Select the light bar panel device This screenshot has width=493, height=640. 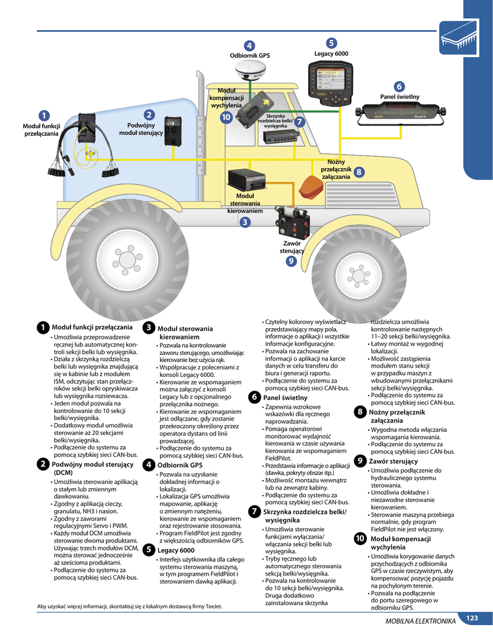(401, 112)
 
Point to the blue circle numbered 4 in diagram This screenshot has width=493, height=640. (249, 46)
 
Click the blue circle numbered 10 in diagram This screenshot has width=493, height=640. (226, 117)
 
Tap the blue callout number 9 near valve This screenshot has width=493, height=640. (291, 261)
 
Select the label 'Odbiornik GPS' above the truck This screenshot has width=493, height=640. (250, 56)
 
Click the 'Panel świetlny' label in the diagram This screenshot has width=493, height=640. (399, 97)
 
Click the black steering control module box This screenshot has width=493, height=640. (246, 180)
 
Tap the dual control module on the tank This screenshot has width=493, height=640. (173, 131)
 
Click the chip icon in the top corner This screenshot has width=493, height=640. (459, 38)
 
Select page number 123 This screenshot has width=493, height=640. (472, 618)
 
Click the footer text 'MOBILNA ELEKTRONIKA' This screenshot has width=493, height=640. (421, 621)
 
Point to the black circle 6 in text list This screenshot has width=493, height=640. (254, 397)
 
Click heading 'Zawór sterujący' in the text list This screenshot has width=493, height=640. (394, 461)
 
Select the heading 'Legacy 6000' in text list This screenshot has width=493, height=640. (176, 550)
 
